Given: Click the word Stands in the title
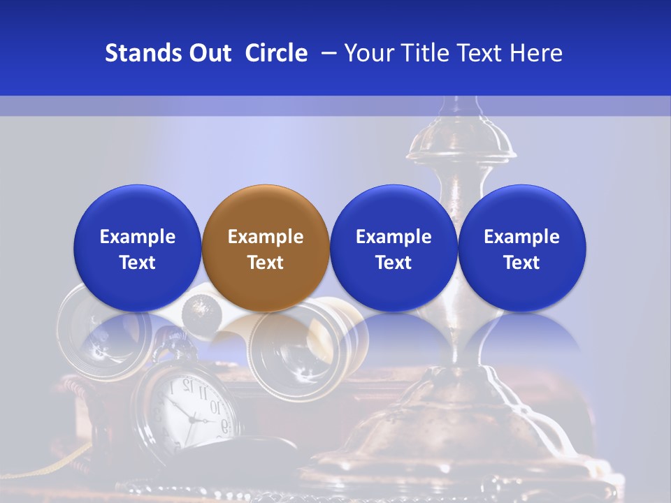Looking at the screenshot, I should pyautogui.click(x=143, y=53).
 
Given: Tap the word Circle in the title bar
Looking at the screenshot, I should pyautogui.click(x=276, y=53).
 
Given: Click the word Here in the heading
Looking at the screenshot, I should pyautogui.click(x=536, y=53).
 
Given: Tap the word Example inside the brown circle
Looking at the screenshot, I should pyautogui.click(x=266, y=237).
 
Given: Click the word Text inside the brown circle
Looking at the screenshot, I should pyautogui.click(x=266, y=263).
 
